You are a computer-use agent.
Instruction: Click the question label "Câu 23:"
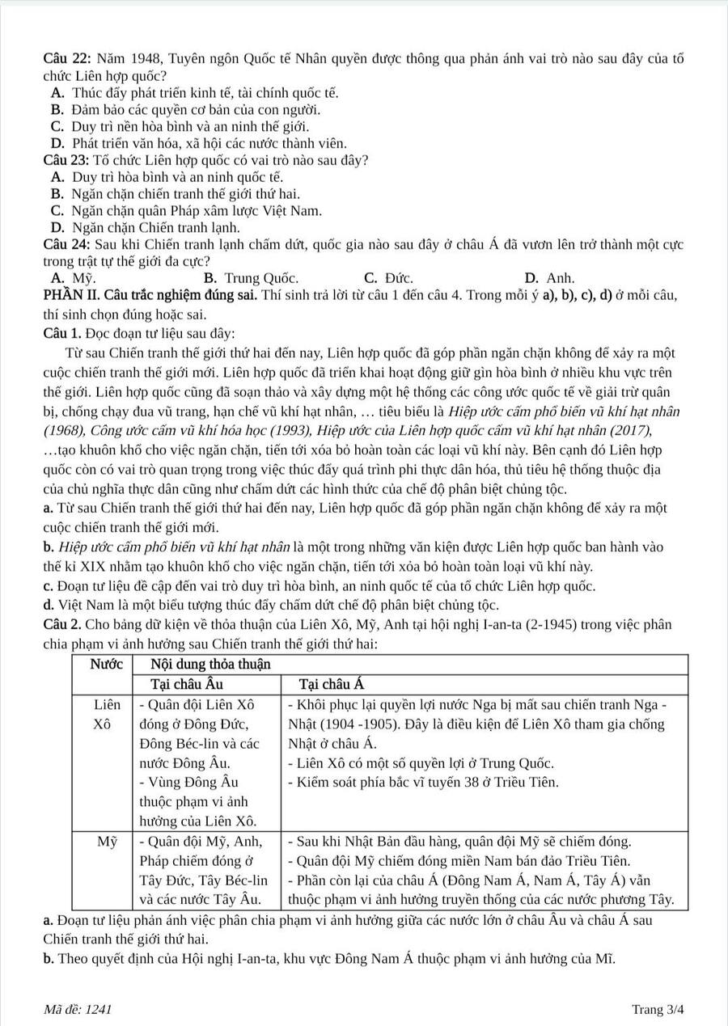point(67,160)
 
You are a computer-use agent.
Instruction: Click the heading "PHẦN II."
point(70,294)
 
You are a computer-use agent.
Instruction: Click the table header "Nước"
point(106,664)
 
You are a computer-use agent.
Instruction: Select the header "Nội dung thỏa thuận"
point(211,664)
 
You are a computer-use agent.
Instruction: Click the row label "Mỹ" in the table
point(107,842)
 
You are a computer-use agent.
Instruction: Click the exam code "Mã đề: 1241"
point(78,1009)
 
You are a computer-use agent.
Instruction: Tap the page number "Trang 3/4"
point(658,1009)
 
